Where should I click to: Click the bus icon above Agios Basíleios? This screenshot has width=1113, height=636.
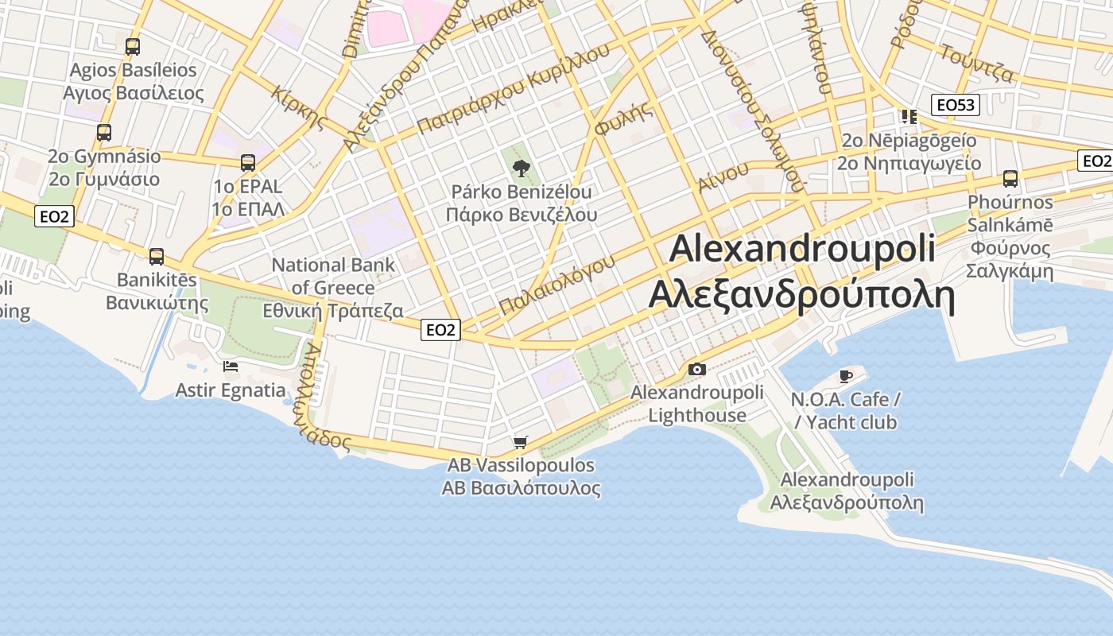pyautogui.click(x=133, y=47)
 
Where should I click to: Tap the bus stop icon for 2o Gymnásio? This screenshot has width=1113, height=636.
pyautogui.click(x=104, y=133)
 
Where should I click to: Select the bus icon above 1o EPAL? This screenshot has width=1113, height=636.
pyautogui.click(x=248, y=163)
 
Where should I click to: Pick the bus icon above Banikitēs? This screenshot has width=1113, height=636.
pyautogui.click(x=157, y=257)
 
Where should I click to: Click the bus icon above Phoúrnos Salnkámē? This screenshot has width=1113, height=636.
pyautogui.click(x=1010, y=179)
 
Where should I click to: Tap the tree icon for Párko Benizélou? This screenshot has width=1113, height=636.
pyautogui.click(x=522, y=168)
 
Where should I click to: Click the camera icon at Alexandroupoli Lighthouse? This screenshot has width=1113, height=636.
pyautogui.click(x=697, y=369)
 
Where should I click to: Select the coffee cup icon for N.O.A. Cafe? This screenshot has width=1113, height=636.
pyautogui.click(x=845, y=376)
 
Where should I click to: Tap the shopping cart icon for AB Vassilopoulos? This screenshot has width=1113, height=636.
pyautogui.click(x=521, y=442)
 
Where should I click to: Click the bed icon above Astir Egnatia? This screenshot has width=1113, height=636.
pyautogui.click(x=231, y=366)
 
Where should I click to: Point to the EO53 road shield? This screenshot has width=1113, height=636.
pyautogui.click(x=956, y=104)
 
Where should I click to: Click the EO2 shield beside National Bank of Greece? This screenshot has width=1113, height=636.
pyautogui.click(x=440, y=329)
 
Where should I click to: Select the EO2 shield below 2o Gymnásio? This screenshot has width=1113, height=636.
pyautogui.click(x=55, y=215)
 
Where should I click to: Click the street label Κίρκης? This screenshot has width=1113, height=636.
pyautogui.click(x=299, y=107)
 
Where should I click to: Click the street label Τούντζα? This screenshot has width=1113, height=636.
pyautogui.click(x=976, y=64)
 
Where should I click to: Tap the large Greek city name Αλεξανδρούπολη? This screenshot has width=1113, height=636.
pyautogui.click(x=801, y=294)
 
